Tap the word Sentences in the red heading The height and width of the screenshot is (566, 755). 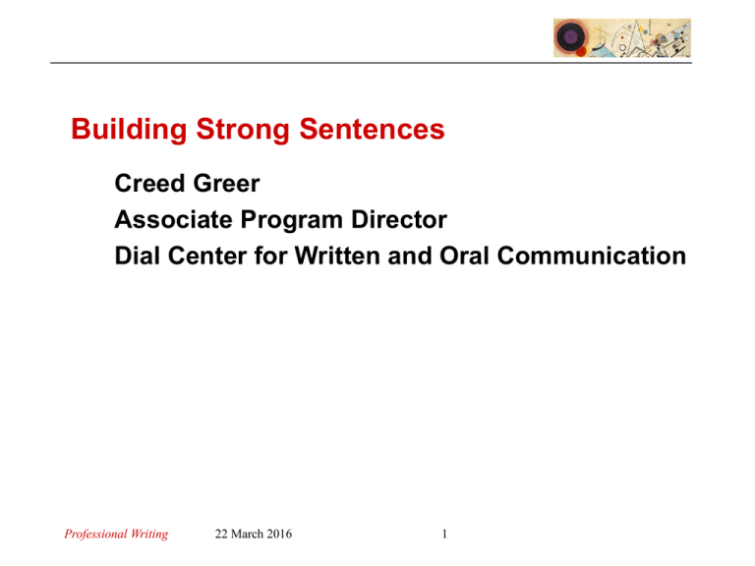[x=364, y=131]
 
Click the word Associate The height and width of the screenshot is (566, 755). [x=168, y=220]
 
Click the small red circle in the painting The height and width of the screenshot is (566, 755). [x=581, y=50]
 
